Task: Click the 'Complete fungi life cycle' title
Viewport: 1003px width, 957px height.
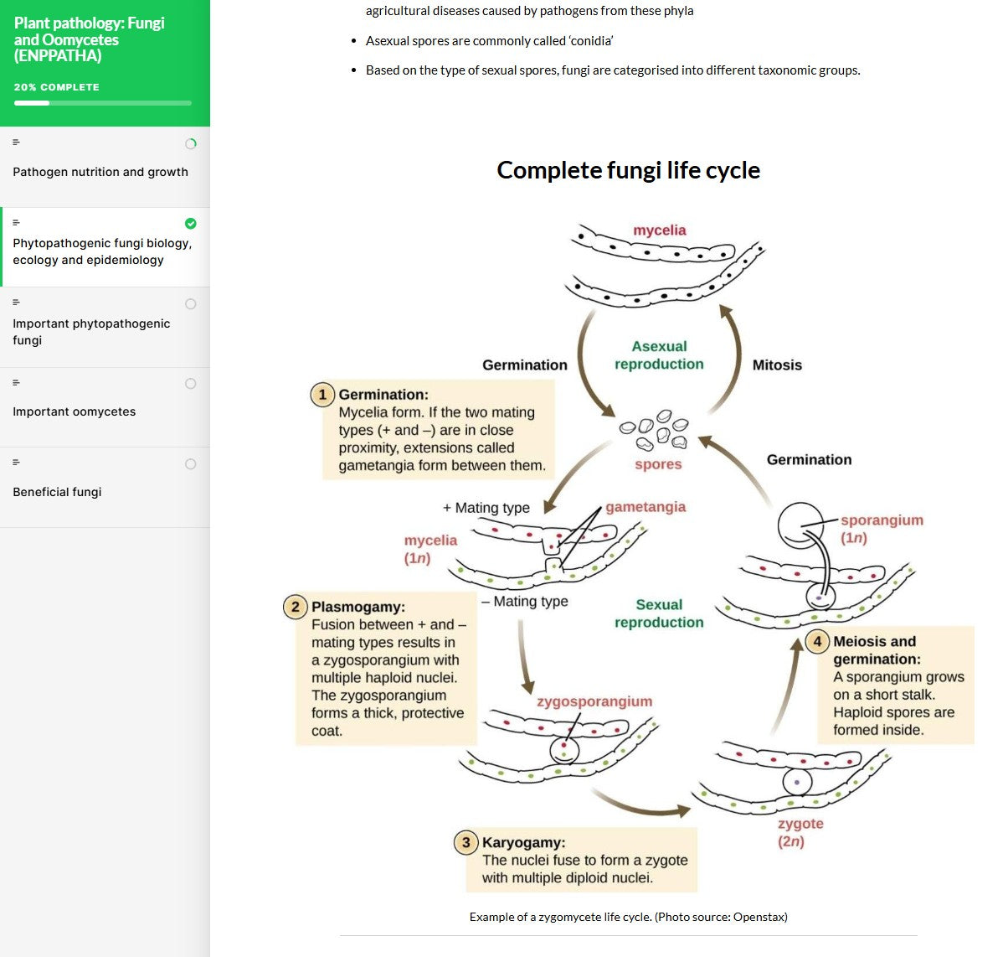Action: (628, 170)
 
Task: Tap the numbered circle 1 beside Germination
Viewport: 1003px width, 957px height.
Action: (322, 394)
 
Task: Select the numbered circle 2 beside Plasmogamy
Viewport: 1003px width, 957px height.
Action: (296, 606)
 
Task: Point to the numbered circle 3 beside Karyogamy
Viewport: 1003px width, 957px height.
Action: (466, 842)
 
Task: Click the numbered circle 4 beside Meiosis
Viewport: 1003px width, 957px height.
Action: (817, 641)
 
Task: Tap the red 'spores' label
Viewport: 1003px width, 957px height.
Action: (658, 464)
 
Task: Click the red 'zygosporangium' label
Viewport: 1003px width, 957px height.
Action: (594, 701)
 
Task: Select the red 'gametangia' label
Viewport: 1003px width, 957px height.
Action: (646, 507)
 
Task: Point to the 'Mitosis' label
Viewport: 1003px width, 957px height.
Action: (777, 365)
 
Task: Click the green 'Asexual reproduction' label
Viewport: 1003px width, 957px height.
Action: (659, 355)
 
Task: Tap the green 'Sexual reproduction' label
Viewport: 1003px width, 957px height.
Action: (659, 613)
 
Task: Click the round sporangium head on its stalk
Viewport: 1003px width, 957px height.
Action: (800, 525)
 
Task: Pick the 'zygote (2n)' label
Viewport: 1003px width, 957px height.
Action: (800, 832)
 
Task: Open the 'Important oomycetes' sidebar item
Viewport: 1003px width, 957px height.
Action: (74, 411)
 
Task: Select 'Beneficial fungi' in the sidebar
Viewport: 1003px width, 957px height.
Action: (57, 492)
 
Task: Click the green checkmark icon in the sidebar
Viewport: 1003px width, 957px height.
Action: (191, 223)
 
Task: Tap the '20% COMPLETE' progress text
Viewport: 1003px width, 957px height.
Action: (57, 87)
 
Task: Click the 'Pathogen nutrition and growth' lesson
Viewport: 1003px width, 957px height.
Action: (100, 172)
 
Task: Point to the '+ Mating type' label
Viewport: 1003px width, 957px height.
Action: (486, 508)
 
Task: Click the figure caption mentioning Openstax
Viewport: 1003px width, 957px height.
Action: (628, 917)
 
